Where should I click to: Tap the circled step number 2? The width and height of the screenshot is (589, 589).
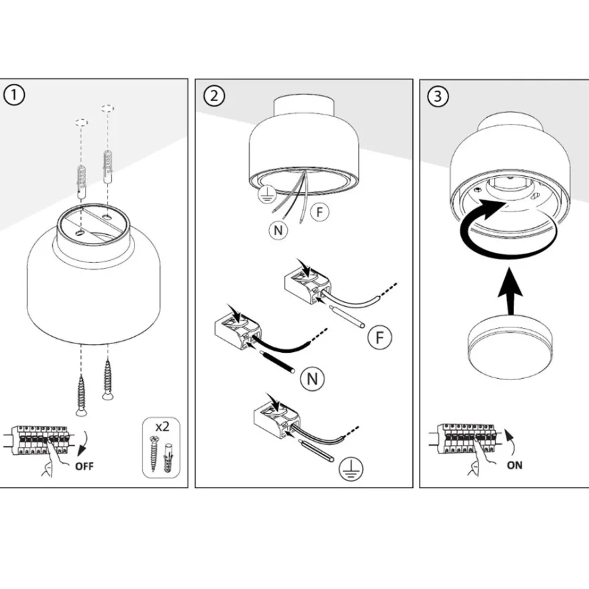(x=214, y=96)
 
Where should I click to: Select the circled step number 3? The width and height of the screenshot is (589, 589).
(x=438, y=96)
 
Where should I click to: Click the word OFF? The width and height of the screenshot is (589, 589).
(x=84, y=466)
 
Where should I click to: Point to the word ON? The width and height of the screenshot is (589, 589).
(x=514, y=465)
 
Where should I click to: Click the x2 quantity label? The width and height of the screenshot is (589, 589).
(x=162, y=427)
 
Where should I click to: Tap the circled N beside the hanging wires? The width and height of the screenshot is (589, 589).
(x=278, y=230)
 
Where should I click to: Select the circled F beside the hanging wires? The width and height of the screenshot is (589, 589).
(x=320, y=212)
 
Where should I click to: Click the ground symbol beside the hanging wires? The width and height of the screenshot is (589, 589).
(x=266, y=194)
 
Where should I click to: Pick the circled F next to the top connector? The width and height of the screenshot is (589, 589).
(x=380, y=337)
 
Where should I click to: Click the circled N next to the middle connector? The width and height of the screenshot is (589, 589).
(x=313, y=379)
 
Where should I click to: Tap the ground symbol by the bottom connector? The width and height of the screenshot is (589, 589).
(x=351, y=469)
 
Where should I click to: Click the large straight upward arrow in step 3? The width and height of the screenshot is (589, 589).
(x=510, y=290)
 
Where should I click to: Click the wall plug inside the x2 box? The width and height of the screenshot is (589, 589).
(x=168, y=458)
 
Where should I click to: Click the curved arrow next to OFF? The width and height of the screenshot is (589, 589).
(x=84, y=443)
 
